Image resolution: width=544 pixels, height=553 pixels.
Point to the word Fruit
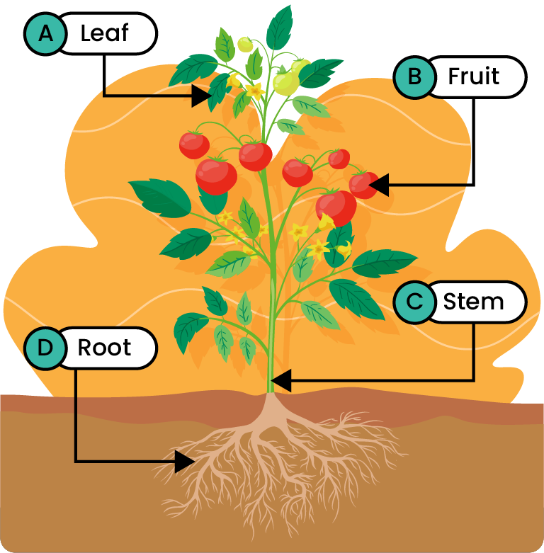tap(474, 76)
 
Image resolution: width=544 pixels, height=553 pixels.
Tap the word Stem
tap(473, 302)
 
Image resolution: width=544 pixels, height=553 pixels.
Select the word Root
tap(105, 348)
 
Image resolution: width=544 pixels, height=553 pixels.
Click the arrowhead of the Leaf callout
tap(203, 95)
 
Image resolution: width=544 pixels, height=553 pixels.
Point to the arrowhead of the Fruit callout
tap(378, 185)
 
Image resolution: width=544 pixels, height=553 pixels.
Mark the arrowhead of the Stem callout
tap(280, 381)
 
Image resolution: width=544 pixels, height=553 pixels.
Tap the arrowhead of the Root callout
tap(185, 462)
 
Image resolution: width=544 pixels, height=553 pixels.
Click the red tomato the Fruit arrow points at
tap(361, 185)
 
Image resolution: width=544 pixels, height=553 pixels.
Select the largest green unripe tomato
tap(287, 84)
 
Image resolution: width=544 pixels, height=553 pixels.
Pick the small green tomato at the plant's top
tap(245, 45)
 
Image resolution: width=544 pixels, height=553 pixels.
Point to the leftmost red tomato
tap(193, 144)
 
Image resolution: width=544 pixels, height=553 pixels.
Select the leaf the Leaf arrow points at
tap(218, 90)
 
